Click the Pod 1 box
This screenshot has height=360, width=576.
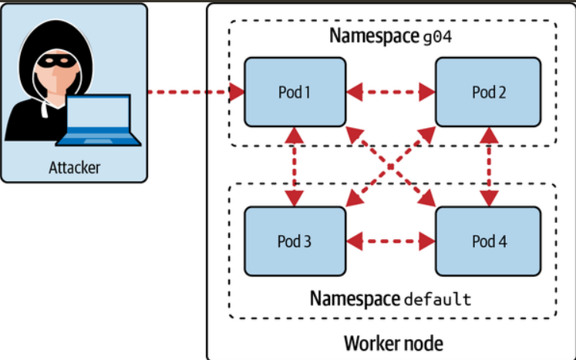(x=294, y=93)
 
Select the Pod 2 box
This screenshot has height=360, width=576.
(x=487, y=93)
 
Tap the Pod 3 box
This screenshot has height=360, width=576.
(x=294, y=241)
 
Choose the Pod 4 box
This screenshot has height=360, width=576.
(x=487, y=241)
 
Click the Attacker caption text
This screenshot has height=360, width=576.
(x=74, y=167)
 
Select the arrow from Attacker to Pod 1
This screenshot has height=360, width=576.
(x=193, y=93)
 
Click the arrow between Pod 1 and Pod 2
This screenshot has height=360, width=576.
(x=391, y=93)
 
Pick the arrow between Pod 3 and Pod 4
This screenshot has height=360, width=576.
(x=391, y=241)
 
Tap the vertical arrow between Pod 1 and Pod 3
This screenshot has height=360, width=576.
(x=294, y=167)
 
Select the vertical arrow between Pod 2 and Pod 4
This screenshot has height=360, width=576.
(x=487, y=167)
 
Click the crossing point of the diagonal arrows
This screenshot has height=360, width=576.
(x=391, y=167)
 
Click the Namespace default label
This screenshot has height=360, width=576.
(x=390, y=298)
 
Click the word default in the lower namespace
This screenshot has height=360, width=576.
(x=437, y=299)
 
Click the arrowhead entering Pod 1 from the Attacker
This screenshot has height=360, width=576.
(x=237, y=93)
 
